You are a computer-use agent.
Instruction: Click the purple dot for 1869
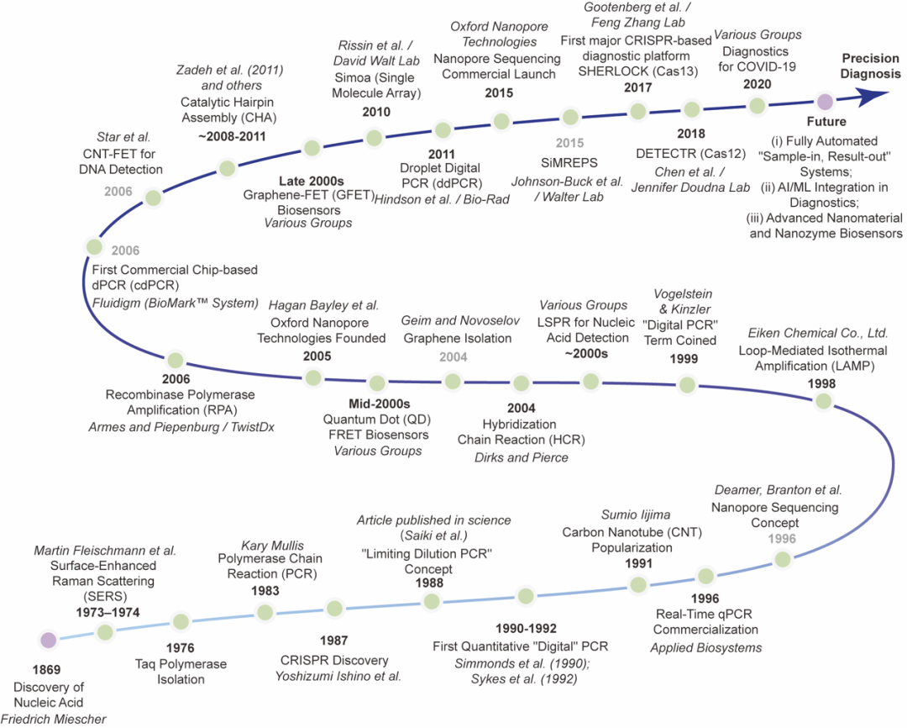(48, 640)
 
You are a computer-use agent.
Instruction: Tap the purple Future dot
(826, 102)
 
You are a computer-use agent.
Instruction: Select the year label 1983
(265, 590)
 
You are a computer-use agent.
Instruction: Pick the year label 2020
(758, 84)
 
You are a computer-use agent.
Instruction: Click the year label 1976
(181, 649)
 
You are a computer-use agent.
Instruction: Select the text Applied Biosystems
(705, 647)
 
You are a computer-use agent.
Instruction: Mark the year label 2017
(637, 87)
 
